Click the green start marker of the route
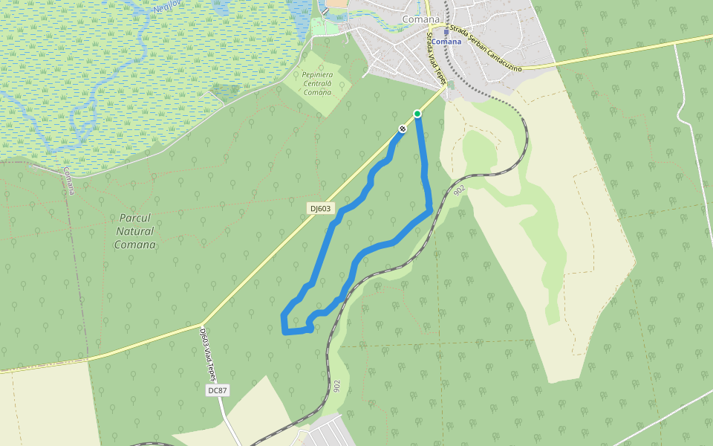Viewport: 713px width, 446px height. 417,113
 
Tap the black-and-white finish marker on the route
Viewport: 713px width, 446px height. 403,129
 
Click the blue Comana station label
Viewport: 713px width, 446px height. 446,42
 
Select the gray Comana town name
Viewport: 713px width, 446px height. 421,19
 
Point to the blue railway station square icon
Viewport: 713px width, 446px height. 446,32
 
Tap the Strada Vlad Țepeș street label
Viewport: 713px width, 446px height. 434,58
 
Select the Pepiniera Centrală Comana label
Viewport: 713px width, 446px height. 318,83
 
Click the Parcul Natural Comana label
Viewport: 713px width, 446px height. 135,231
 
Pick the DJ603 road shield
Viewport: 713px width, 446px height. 320,209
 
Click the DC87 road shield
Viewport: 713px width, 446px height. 216,390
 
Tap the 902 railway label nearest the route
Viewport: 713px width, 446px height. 459,190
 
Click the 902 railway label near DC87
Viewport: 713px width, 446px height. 337,386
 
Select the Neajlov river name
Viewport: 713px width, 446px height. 168,7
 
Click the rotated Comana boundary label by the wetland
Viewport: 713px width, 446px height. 68,181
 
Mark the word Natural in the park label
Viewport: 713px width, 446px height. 135,231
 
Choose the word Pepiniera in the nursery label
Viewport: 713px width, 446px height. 318,75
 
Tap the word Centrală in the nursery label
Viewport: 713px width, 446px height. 318,83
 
